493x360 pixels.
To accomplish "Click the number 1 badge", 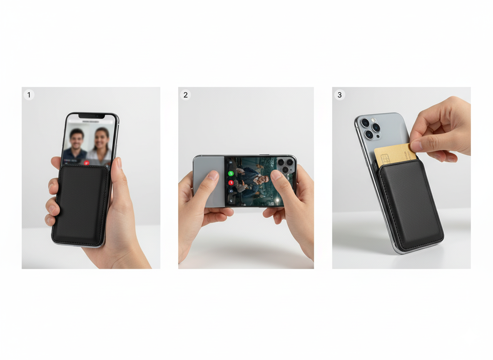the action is [x=29, y=95].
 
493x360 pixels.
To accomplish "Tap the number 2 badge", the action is [x=186, y=95].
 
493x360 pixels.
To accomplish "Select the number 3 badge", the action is [x=340, y=95].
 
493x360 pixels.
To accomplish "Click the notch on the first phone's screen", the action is [x=92, y=116].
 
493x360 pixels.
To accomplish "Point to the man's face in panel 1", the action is [x=76, y=140].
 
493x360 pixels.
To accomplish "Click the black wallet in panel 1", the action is [x=81, y=205].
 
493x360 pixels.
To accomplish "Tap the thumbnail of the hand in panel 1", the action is [x=119, y=164].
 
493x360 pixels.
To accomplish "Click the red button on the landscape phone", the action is [x=231, y=182].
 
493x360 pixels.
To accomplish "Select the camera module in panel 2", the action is [x=286, y=165].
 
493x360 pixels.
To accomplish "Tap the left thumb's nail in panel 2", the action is [x=213, y=175].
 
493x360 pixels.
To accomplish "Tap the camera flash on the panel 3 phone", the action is [x=373, y=120].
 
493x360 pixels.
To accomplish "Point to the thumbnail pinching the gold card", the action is [x=416, y=146].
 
